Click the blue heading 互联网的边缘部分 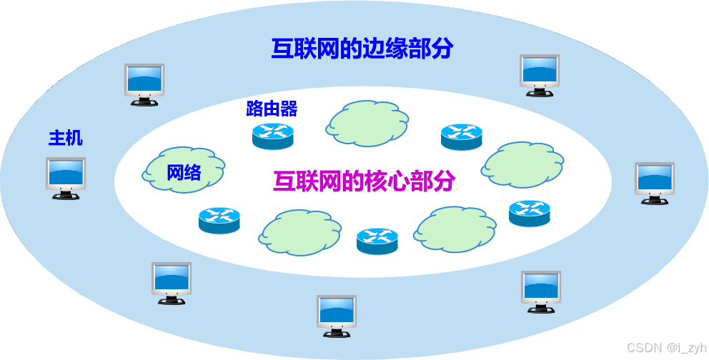click(x=362, y=49)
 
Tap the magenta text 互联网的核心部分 click(x=364, y=181)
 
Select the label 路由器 click(x=272, y=109)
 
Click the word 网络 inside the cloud click(x=184, y=172)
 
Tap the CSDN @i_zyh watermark click(x=665, y=347)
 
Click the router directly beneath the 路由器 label click(x=273, y=135)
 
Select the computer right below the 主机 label click(x=66, y=177)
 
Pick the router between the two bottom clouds click(x=377, y=241)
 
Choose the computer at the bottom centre click(x=337, y=314)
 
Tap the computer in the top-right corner click(x=540, y=74)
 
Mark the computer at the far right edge click(x=655, y=182)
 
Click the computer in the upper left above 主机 click(x=144, y=84)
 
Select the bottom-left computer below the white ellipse click(x=172, y=282)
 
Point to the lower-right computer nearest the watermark click(x=541, y=290)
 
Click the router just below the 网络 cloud click(x=219, y=220)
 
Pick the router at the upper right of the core click(x=462, y=136)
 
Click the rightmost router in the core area click(x=530, y=213)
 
